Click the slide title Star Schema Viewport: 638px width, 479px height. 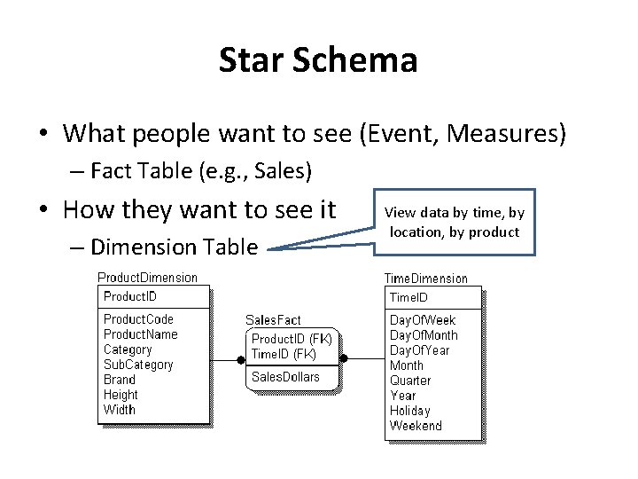coord(318,60)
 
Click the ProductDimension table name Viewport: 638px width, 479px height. coord(147,278)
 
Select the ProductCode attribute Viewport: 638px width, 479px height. coord(138,319)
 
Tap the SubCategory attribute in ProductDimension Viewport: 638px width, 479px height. coord(138,365)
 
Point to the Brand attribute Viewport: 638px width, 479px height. coord(120,380)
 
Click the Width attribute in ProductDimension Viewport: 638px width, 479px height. coord(120,410)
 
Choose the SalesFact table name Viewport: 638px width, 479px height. coord(273,320)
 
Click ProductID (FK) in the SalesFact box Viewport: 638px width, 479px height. coord(292,339)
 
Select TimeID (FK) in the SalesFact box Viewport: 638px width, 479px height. coord(284,354)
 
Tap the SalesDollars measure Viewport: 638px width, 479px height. coord(285,377)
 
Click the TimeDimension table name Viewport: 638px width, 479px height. coord(425,279)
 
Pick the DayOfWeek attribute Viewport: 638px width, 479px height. coord(423,320)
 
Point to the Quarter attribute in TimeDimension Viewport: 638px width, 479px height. coord(410,381)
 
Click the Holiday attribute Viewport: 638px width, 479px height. coord(409,411)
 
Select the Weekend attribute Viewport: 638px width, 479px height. coord(416,426)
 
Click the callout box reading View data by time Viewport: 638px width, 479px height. coord(454,222)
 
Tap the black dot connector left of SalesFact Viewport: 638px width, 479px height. coord(240,359)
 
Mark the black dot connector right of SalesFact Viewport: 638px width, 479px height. coord(345,359)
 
